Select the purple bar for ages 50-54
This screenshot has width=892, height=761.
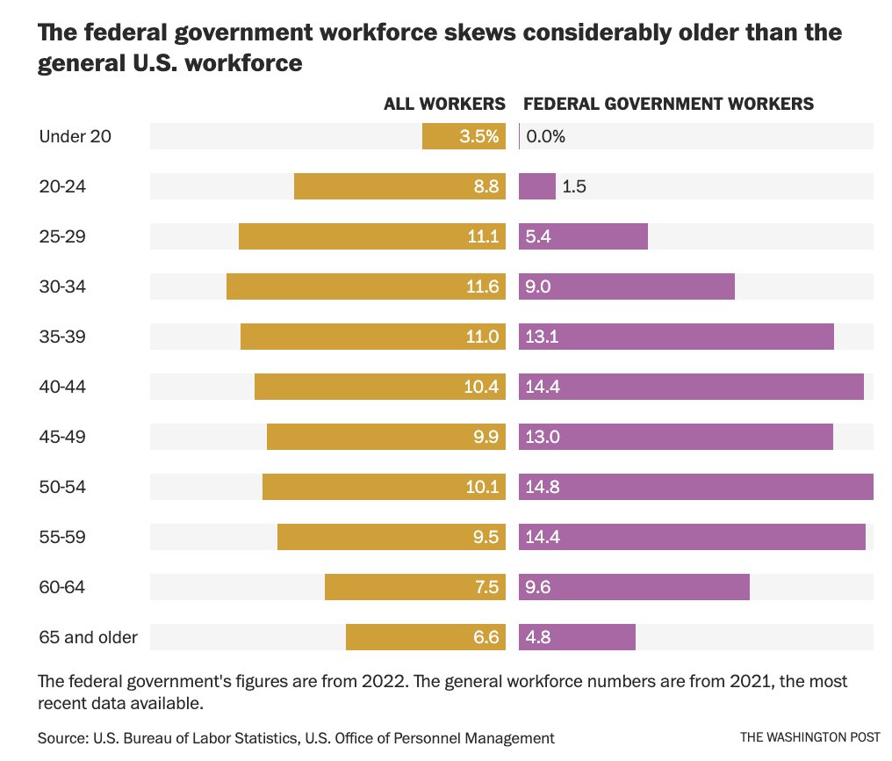tap(695, 487)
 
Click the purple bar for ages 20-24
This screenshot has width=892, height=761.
tap(537, 186)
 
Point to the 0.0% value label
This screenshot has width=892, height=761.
tap(546, 136)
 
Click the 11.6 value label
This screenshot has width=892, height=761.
tap(482, 286)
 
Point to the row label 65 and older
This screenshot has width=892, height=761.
tap(88, 637)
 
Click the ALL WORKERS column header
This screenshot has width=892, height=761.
tap(444, 104)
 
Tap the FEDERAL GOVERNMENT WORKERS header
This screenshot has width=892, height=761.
tap(668, 104)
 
